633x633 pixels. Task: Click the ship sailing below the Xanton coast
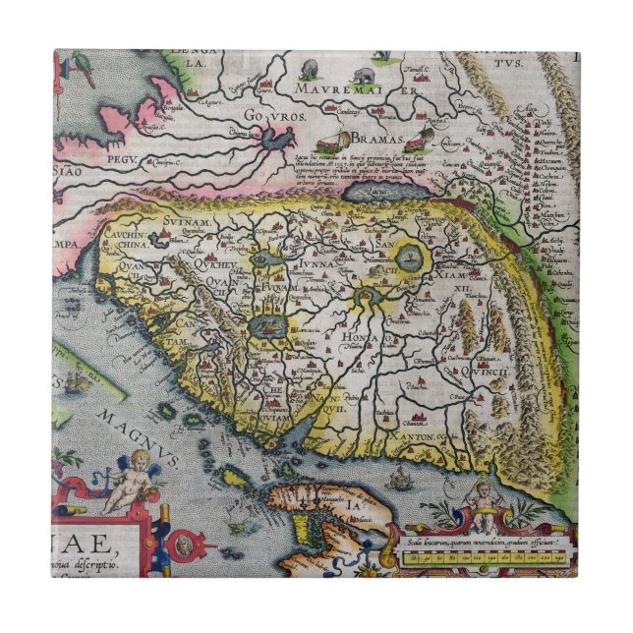tap(398, 480)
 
